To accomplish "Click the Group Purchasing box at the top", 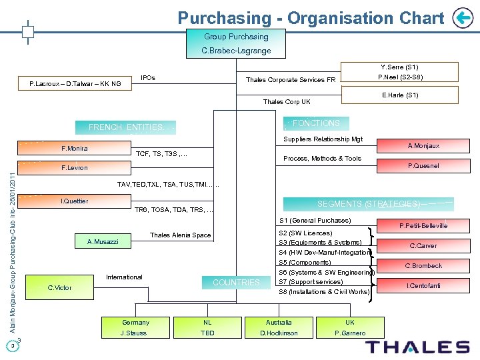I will point(236,43).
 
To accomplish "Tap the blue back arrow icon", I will point(462,18).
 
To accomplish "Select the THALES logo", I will point(417,347).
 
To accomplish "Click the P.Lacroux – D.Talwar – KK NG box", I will point(75,84).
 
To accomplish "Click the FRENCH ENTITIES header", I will point(126,127).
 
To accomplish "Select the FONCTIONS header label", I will point(316,123).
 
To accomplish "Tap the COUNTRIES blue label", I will point(236,283).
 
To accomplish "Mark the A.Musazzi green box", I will point(103,241).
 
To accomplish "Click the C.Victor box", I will point(60,287).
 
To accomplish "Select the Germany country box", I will point(135,323).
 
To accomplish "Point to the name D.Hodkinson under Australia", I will point(279,333).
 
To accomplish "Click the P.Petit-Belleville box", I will point(423,226).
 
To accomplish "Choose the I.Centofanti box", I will point(423,286).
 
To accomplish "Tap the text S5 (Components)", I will point(305,263).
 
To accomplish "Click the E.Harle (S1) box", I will point(400,95).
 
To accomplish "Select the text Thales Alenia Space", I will point(180,235).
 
